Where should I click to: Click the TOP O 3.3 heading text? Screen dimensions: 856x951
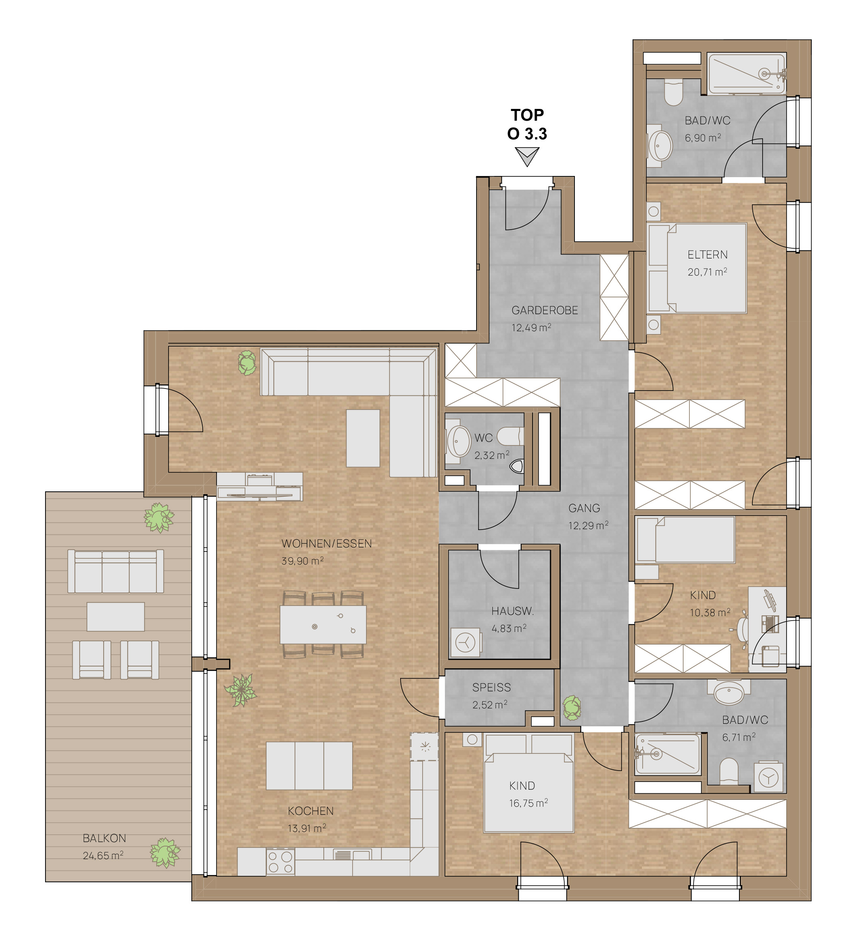point(527,124)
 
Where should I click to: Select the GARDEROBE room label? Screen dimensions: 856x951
point(545,310)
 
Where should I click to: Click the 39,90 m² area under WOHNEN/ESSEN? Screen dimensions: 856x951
point(302,561)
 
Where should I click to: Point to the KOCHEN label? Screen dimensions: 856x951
point(311,811)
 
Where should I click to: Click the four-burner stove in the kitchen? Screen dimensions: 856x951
point(280,862)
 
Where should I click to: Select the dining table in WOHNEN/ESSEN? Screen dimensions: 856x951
point(323,624)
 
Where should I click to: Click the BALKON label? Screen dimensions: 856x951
point(104,838)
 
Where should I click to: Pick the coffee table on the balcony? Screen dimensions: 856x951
point(116,617)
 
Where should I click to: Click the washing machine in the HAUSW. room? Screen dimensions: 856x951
point(466,642)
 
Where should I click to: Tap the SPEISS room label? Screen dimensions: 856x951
point(492,688)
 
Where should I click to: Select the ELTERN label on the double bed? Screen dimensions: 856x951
point(707,254)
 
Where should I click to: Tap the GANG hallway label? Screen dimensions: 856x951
point(584,508)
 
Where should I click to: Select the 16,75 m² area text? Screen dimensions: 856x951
point(528,803)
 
